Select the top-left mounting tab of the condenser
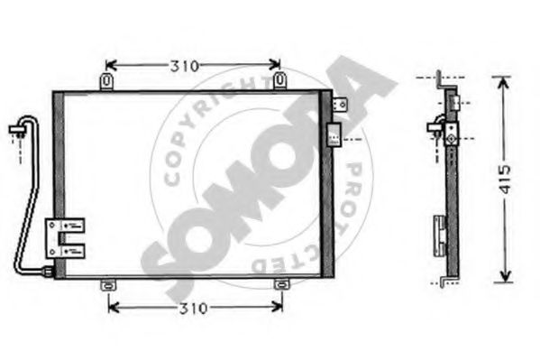107,82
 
